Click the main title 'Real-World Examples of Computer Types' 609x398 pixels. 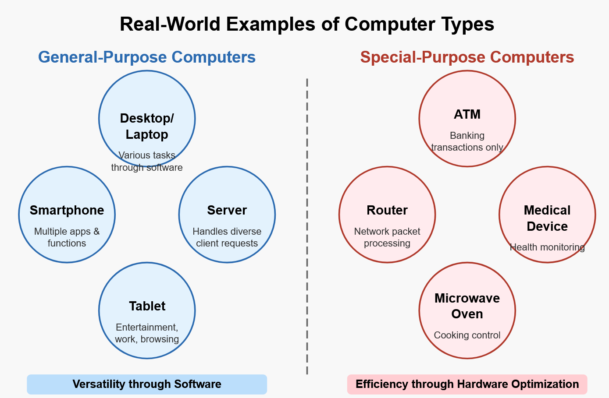307,24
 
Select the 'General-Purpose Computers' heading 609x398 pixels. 147,57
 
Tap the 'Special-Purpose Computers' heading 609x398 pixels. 467,57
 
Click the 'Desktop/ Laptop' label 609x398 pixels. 147,126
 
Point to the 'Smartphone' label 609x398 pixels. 67,210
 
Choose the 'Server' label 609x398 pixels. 227,210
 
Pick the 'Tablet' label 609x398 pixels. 147,306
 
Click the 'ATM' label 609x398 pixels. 467,114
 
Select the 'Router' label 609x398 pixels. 387,210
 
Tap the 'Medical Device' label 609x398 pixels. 547,218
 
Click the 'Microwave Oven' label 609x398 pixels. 467,306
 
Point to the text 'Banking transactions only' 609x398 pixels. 467,141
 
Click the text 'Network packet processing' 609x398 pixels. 387,237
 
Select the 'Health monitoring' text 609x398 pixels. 547,247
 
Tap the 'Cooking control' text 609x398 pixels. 467,335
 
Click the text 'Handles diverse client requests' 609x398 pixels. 227,237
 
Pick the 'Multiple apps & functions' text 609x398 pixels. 67,237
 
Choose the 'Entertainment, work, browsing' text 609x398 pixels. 147,333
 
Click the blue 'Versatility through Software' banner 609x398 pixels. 147,384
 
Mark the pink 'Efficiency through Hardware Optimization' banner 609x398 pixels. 467,384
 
